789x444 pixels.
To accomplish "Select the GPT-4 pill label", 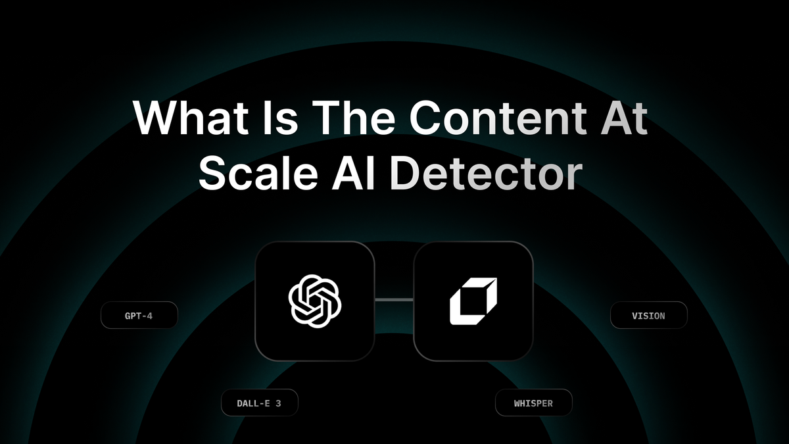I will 139,316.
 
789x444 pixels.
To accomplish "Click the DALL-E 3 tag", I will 259,403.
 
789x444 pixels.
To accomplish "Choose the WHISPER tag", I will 533,403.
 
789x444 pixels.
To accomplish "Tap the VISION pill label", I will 648,316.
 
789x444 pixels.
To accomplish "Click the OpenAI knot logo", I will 315,301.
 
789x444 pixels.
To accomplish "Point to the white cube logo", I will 473,301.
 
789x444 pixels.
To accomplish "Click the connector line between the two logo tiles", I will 394,300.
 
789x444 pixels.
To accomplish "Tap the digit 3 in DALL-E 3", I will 278,403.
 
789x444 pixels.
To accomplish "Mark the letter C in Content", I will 429,118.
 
